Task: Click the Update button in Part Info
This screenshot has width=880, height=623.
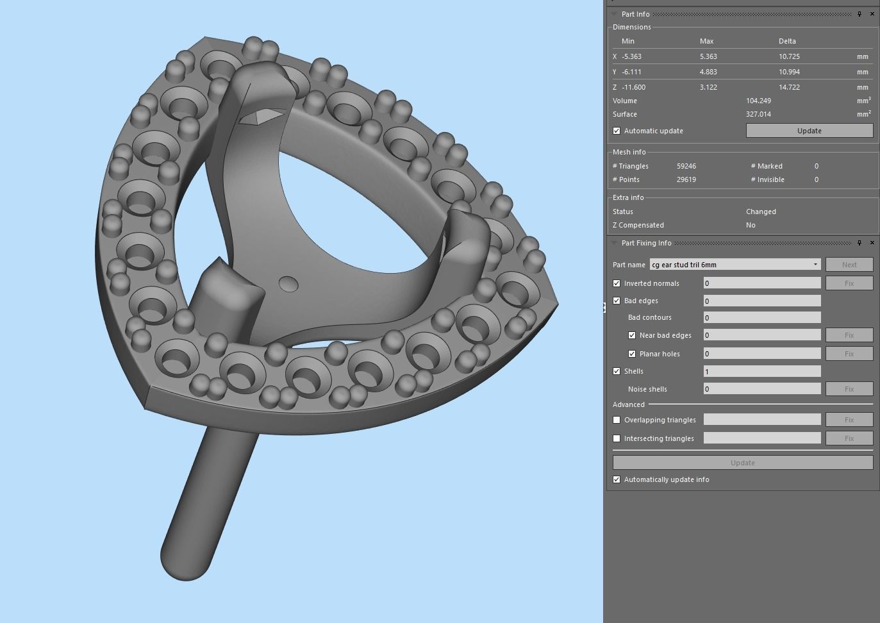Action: coord(809,131)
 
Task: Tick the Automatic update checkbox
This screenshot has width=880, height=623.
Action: coord(617,131)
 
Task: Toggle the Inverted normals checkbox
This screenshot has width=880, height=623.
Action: coord(617,283)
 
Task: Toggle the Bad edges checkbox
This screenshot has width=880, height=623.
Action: coord(617,301)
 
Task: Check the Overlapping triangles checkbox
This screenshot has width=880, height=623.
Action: coord(617,420)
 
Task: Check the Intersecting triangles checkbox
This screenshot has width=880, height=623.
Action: coord(617,438)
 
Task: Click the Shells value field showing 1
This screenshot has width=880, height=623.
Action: coord(761,371)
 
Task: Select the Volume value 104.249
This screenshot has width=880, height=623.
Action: coord(758,101)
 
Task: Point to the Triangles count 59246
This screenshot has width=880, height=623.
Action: coord(686,166)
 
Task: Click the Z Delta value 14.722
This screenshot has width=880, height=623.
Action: coord(789,87)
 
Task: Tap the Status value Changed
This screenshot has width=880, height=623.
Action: coord(761,212)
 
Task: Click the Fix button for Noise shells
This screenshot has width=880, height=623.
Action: coord(849,389)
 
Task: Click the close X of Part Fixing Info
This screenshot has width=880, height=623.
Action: coord(872,243)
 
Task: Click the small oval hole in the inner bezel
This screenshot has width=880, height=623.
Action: coord(289,284)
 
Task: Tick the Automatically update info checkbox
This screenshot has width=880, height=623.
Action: coord(617,479)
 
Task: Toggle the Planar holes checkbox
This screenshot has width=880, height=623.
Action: coord(632,354)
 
